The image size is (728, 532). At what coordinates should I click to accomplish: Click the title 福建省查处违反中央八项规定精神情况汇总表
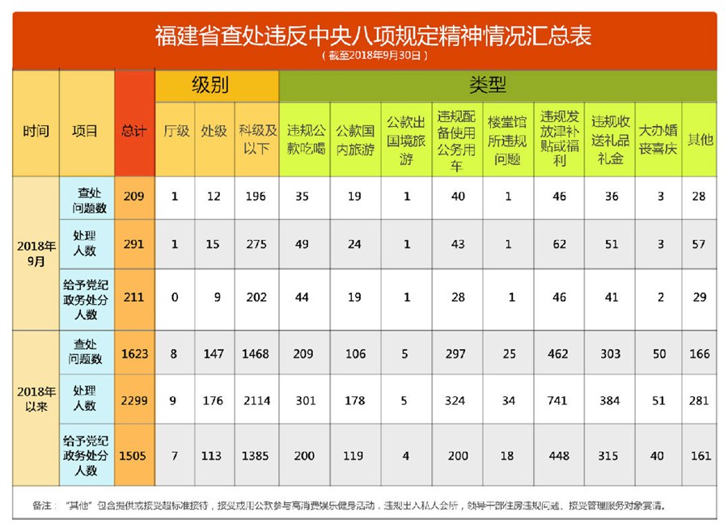pos(373,35)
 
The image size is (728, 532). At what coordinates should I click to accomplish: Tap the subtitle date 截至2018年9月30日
pos(373,56)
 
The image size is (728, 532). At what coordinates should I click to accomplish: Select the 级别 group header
pos(216,86)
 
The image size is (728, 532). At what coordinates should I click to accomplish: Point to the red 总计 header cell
pos(133,130)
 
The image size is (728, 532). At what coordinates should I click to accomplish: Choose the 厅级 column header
pos(176,130)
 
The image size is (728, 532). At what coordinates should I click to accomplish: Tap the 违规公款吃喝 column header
pos(306,138)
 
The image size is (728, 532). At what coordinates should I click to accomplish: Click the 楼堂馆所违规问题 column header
pos(507,138)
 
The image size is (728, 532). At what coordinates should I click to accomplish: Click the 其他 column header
pos(699,138)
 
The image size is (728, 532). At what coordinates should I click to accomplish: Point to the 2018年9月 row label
pos(36,253)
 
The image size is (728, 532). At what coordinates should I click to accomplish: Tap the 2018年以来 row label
pos(36,399)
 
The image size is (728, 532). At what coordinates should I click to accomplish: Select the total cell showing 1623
pos(133,353)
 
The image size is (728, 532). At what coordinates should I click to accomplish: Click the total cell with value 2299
pos(133,400)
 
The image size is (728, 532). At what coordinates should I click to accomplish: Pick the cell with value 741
pos(557,400)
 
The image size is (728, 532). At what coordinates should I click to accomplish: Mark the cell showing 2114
pos(256,400)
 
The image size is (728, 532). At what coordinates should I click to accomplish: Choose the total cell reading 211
pos(133,298)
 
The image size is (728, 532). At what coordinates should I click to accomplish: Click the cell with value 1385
pos(256,455)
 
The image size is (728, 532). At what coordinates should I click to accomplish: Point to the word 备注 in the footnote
pos(43,505)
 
